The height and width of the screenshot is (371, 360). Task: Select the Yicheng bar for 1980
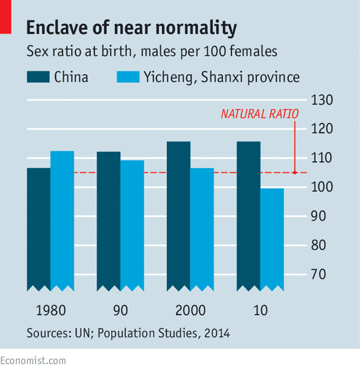click(x=62, y=220)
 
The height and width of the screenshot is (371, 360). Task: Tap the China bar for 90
click(x=109, y=221)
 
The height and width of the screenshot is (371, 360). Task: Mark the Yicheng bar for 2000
click(x=202, y=229)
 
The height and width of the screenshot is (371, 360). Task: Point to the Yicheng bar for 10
click(x=272, y=239)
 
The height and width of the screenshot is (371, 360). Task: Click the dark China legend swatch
click(x=37, y=78)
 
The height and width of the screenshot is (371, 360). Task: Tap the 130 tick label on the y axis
click(x=323, y=101)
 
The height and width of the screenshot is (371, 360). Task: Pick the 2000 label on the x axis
click(x=191, y=310)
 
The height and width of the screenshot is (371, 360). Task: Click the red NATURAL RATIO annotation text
click(x=260, y=114)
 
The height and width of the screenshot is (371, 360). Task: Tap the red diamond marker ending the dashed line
click(x=295, y=172)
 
